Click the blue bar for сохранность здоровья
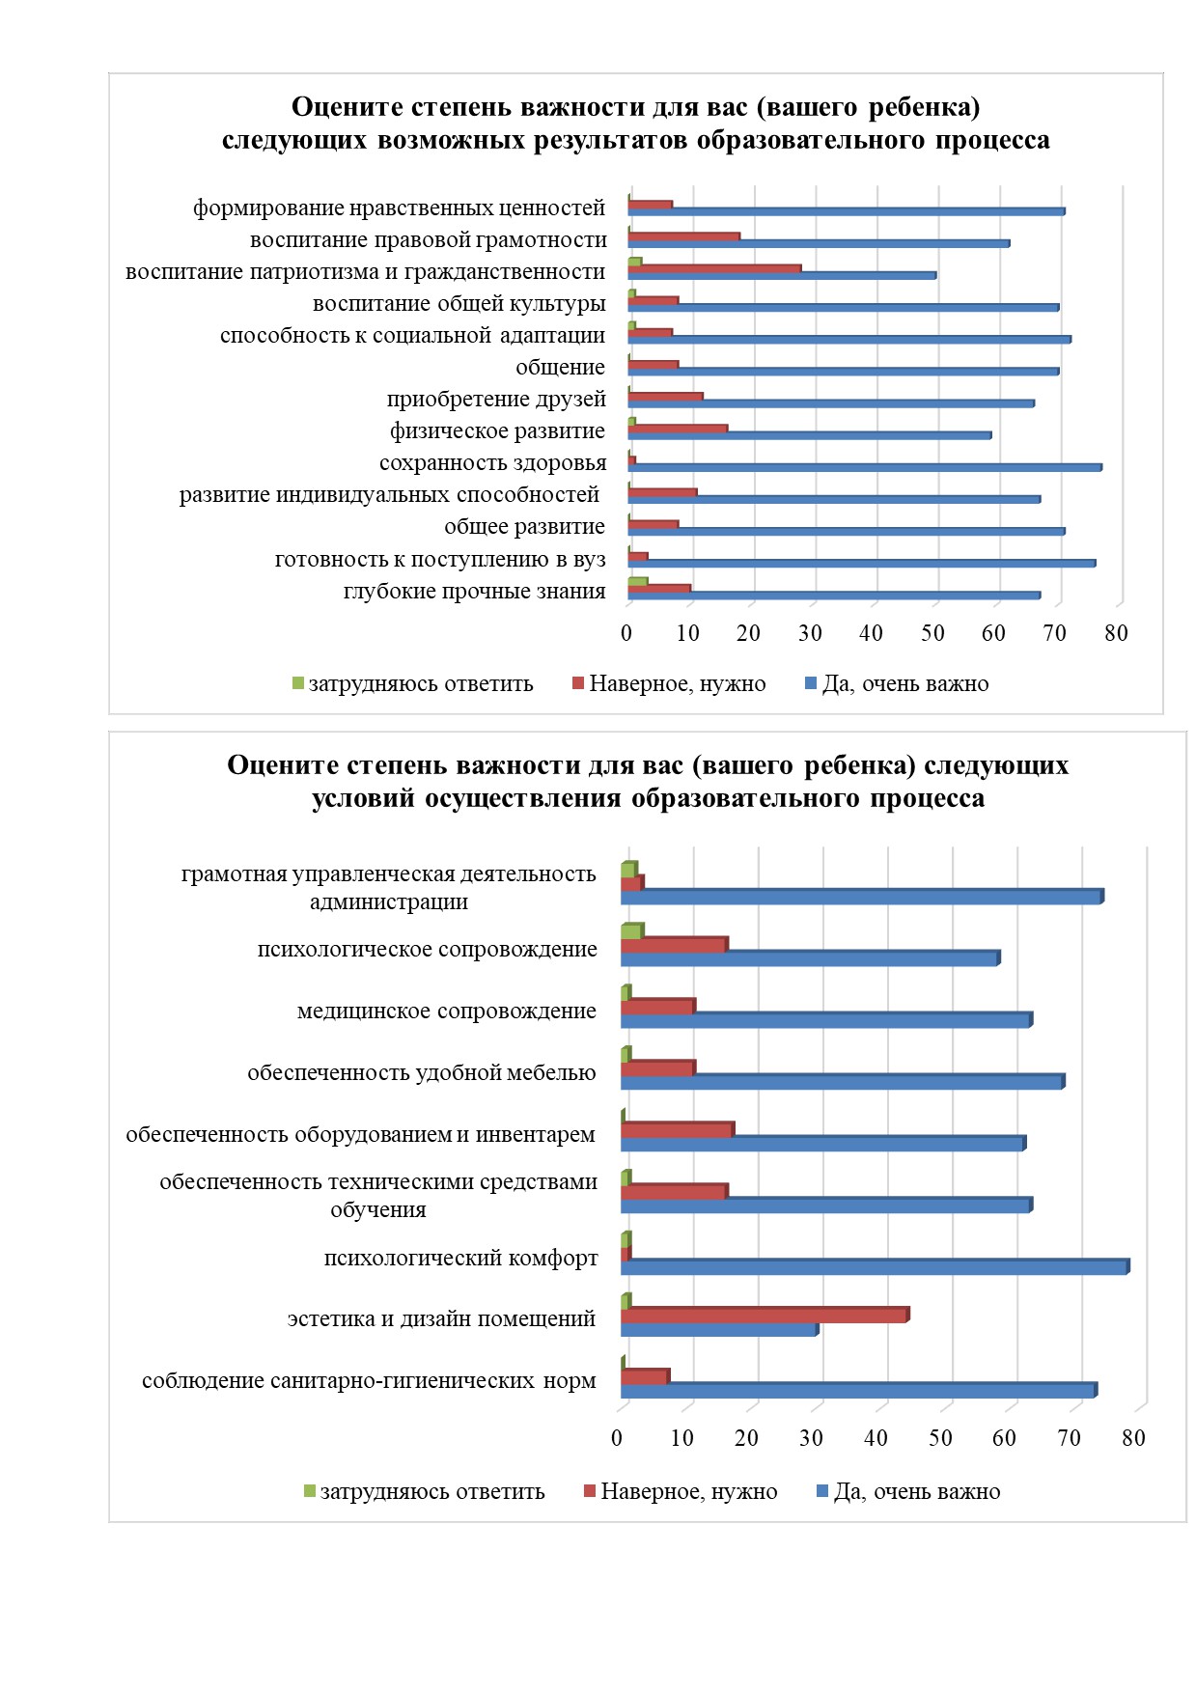[x=865, y=467]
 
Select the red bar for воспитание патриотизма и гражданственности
[x=715, y=268]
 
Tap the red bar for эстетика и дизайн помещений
[x=765, y=1315]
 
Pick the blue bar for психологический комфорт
[x=876, y=1266]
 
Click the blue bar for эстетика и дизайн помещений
[x=720, y=1329]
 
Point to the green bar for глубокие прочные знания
[x=638, y=582]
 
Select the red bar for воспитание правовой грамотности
[x=684, y=236]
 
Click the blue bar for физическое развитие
[x=810, y=435]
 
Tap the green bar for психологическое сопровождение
[x=632, y=931]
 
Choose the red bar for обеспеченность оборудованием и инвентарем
[x=678, y=1129]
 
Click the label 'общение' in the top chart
[x=560, y=367]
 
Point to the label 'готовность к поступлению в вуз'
[x=440, y=560]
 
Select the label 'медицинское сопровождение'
[x=447, y=1012]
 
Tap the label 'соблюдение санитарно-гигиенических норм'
[x=369, y=1381]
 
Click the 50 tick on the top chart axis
[x=932, y=633]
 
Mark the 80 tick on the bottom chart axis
[x=1133, y=1438]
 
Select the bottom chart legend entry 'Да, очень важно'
[x=908, y=1492]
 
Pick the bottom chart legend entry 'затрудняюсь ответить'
[x=425, y=1492]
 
